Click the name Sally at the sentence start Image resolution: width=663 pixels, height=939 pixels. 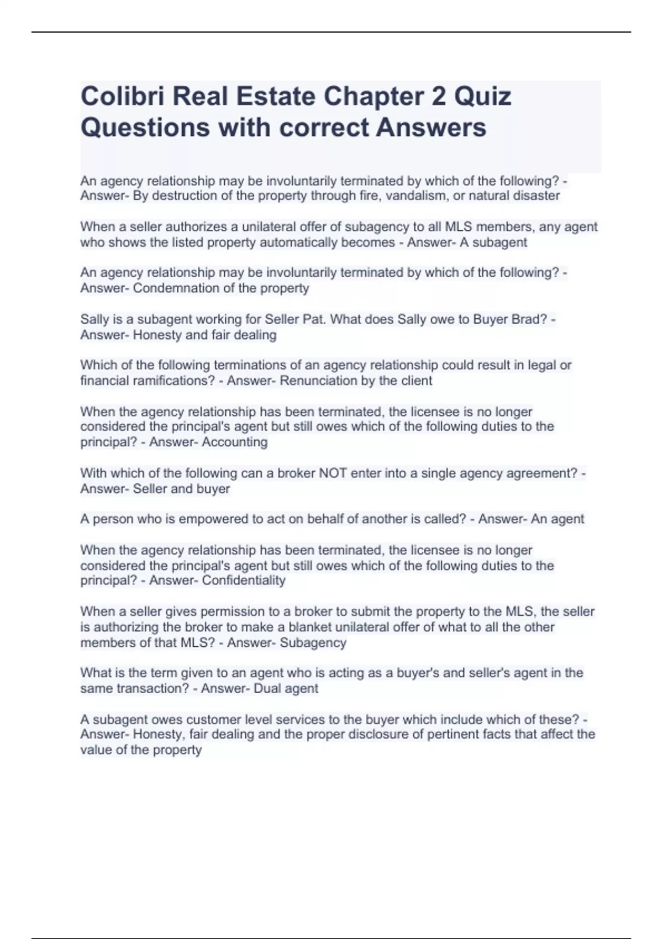94,319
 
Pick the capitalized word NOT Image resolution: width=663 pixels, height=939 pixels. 334,473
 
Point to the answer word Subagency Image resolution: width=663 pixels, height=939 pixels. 313,642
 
